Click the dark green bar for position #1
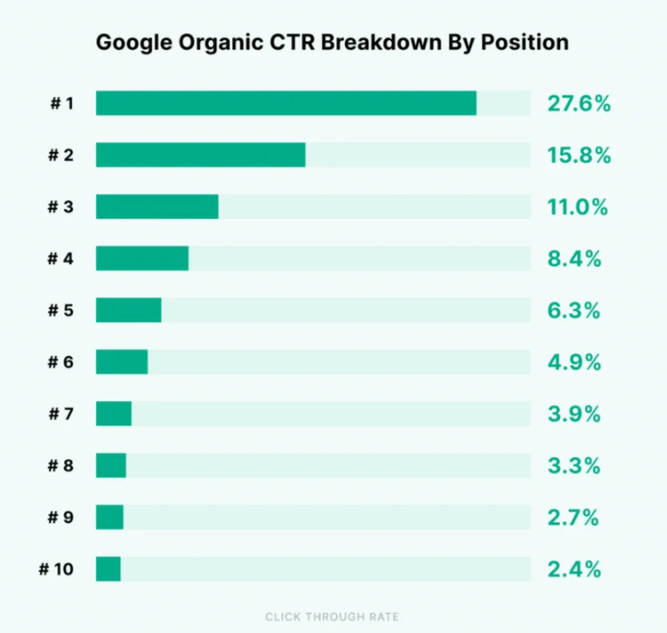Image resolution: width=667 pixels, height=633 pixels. coord(286,103)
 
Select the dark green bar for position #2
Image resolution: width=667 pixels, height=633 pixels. coord(201,155)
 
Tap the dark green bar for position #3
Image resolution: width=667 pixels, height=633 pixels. coord(157,207)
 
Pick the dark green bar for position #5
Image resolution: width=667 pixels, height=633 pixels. coord(129,310)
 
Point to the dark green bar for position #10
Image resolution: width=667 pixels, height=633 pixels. coord(108,569)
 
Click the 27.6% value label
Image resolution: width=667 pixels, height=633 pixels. coord(578,104)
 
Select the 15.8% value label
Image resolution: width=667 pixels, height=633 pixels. coord(578,156)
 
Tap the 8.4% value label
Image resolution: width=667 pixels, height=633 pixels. coord(574,258)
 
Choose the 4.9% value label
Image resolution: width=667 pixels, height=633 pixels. coord(574,362)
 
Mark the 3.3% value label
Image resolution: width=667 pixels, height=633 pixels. coord(574,466)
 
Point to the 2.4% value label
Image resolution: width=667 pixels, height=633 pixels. coord(574,569)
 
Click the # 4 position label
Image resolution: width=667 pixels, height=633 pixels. coord(61,258)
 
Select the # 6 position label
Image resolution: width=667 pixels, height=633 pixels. coord(61,362)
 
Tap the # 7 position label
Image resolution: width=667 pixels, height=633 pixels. coord(61,414)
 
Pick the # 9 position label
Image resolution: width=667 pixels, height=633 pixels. coord(61,517)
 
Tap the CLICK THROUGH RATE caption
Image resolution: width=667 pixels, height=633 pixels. coord(332,617)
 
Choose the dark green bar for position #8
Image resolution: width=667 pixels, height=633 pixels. coord(111,466)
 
